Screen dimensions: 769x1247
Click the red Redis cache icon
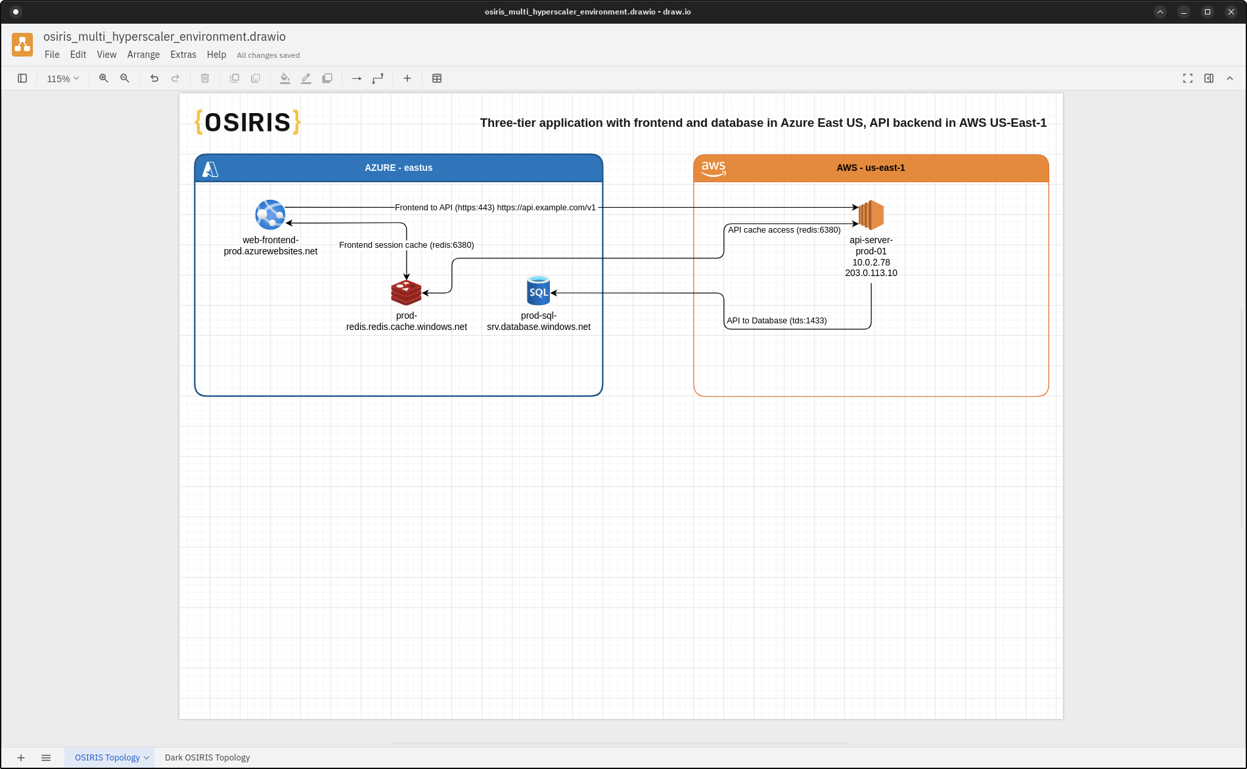[406, 292]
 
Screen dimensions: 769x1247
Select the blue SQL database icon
[538, 291]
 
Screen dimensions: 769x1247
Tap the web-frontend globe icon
[270, 215]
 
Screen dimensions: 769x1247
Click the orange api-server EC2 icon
[871, 215]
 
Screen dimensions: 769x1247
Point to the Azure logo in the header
[210, 169]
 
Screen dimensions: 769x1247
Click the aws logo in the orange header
[714, 168]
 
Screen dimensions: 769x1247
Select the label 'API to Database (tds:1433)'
[777, 321]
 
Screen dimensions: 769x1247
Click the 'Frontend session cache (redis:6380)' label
[406, 245]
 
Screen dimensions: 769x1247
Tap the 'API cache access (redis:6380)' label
[784, 230]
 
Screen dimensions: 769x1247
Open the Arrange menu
[143, 55]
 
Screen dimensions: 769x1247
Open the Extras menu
[183, 55]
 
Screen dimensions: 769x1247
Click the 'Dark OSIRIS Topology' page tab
[207, 757]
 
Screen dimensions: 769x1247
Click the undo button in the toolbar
[154, 78]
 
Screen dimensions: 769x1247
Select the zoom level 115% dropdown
[62, 79]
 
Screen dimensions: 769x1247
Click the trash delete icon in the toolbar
[205, 78]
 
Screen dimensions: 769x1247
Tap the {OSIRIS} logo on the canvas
[248, 122]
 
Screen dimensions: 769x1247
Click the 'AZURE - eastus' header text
[398, 168]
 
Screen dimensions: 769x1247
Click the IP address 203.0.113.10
[871, 273]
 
